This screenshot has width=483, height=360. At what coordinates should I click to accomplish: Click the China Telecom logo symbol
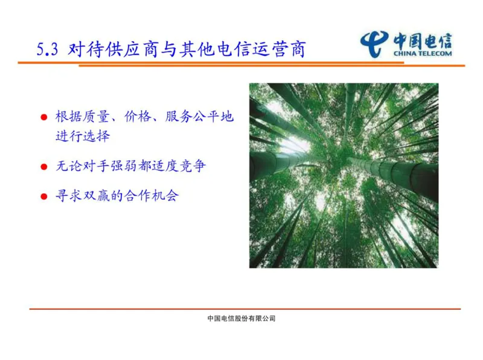[x=375, y=43]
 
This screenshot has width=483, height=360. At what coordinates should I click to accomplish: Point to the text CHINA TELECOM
[x=423, y=53]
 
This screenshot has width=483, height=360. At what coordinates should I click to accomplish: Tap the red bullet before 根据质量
[x=43, y=117]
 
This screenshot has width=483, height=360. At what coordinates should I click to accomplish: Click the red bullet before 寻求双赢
[x=43, y=196]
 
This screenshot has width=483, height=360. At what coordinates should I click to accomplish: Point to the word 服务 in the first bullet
[x=179, y=117]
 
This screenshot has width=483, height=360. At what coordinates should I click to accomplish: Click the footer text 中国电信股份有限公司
[x=241, y=318]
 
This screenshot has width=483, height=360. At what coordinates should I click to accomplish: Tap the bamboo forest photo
[x=344, y=175]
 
